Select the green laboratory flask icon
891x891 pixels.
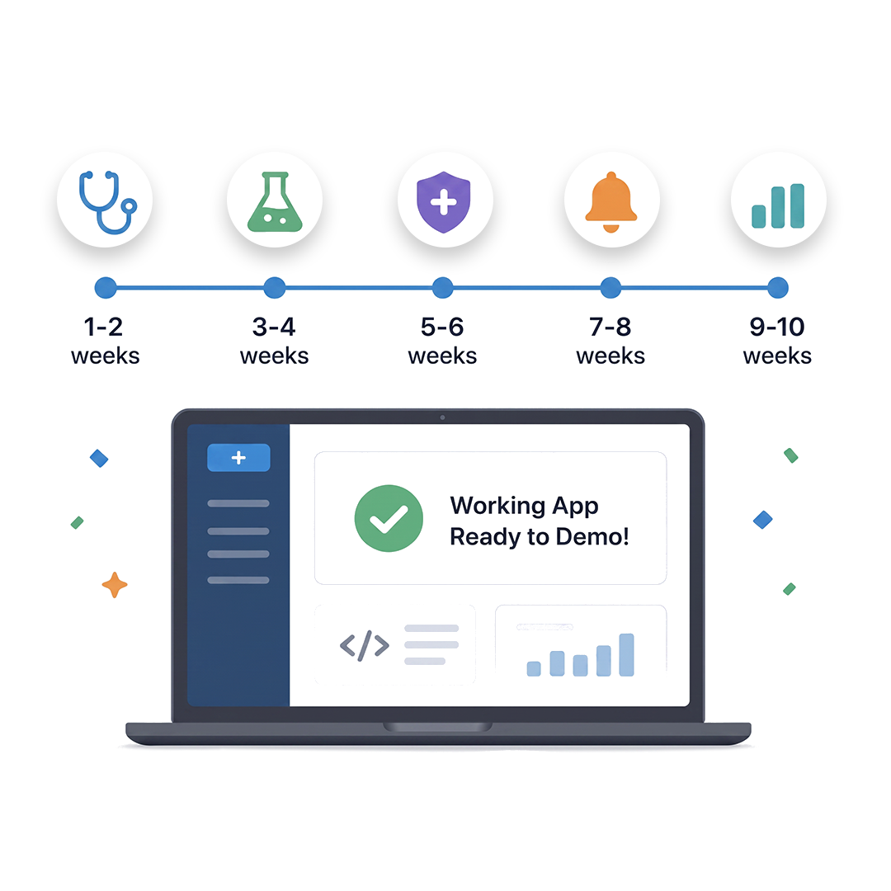[x=275, y=202]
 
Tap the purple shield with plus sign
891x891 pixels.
[x=444, y=202]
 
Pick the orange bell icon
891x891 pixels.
[x=610, y=202]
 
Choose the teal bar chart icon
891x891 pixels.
[x=778, y=205]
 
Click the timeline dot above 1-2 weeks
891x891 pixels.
[x=106, y=288]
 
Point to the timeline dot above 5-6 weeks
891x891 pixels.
[x=443, y=288]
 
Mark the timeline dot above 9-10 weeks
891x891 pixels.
[x=778, y=288]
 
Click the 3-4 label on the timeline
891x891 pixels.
[x=274, y=327]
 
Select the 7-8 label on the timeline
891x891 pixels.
[x=610, y=327]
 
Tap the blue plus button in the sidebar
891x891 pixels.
[x=238, y=457]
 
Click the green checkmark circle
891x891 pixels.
[x=389, y=518]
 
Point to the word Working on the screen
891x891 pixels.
[x=497, y=505]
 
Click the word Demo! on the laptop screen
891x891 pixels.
[x=592, y=536]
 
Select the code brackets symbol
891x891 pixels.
[x=365, y=645]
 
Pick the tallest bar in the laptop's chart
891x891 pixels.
[x=626, y=654]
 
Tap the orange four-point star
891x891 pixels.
[x=114, y=585]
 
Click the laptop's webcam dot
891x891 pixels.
[x=443, y=417]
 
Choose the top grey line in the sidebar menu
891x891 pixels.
[x=238, y=503]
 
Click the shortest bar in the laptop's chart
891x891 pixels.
[x=534, y=669]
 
